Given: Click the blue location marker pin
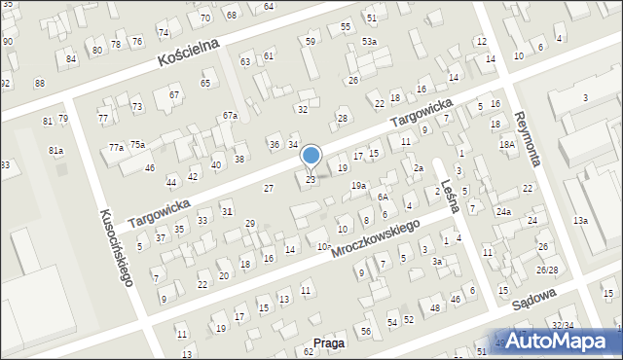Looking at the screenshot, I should tap(311, 157).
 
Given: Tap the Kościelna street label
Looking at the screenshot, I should tap(190, 53).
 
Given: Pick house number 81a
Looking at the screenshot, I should tap(55, 151).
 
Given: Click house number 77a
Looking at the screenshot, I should tap(116, 147).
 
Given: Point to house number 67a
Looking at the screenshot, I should tap(230, 116).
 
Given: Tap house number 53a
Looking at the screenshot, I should tap(369, 42).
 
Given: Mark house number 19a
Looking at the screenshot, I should tap(358, 185).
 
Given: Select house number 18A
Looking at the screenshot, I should tap(506, 144).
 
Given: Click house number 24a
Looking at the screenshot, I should tap(503, 211).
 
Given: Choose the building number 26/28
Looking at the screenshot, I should tap(547, 270).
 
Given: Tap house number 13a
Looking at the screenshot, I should tap(580, 221).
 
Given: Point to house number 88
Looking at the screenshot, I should tap(39, 83).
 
